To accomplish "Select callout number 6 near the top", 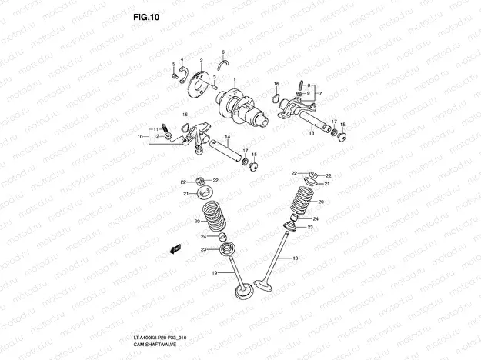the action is pos(223,52).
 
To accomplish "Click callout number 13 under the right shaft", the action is pos(312,133).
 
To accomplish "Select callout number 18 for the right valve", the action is pos(294,259).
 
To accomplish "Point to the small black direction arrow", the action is pos(175,248).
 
